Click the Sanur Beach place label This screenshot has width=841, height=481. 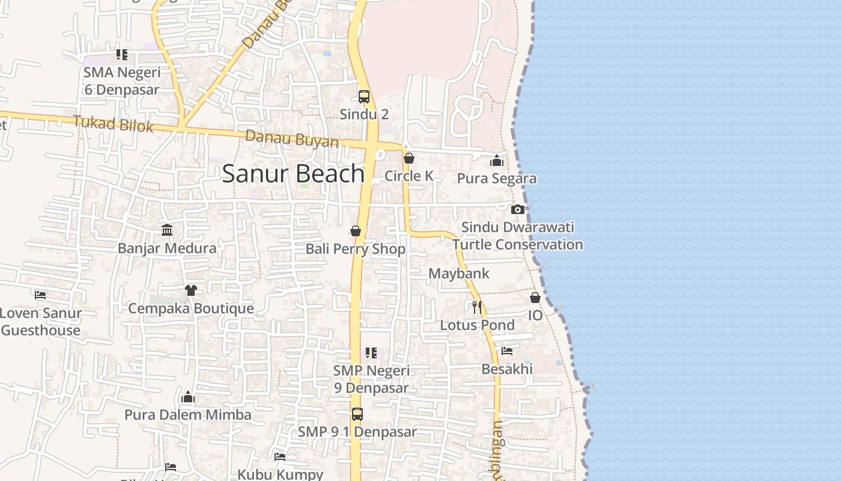tap(293, 174)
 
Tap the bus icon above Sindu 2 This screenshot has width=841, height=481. tap(364, 96)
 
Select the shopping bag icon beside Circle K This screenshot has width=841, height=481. tap(409, 158)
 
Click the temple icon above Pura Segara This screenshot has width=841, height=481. tap(497, 161)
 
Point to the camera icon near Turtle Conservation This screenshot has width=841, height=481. tap(518, 209)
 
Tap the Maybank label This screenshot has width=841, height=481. tap(459, 274)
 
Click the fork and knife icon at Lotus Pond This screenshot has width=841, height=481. tap(477, 307)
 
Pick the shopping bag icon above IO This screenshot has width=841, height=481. tap(535, 298)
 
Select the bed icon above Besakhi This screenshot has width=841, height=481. tap(507, 351)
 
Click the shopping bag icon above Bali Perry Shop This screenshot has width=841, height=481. tap(356, 231)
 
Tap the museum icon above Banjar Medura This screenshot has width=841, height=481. tap(167, 230)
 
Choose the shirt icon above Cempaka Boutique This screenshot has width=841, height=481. tap(191, 290)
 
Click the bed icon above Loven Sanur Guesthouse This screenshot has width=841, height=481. tap(40, 295)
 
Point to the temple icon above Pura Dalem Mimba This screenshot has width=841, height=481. tap(188, 397)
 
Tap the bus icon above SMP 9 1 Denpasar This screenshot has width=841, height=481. tap(357, 414)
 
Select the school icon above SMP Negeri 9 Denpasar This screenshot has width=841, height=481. tap(371, 352)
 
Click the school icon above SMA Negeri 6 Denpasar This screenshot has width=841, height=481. tap(122, 55)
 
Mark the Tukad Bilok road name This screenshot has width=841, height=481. tap(113, 124)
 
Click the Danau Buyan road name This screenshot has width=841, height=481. tap(292, 139)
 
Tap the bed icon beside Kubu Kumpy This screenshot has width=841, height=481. tap(280, 456)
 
